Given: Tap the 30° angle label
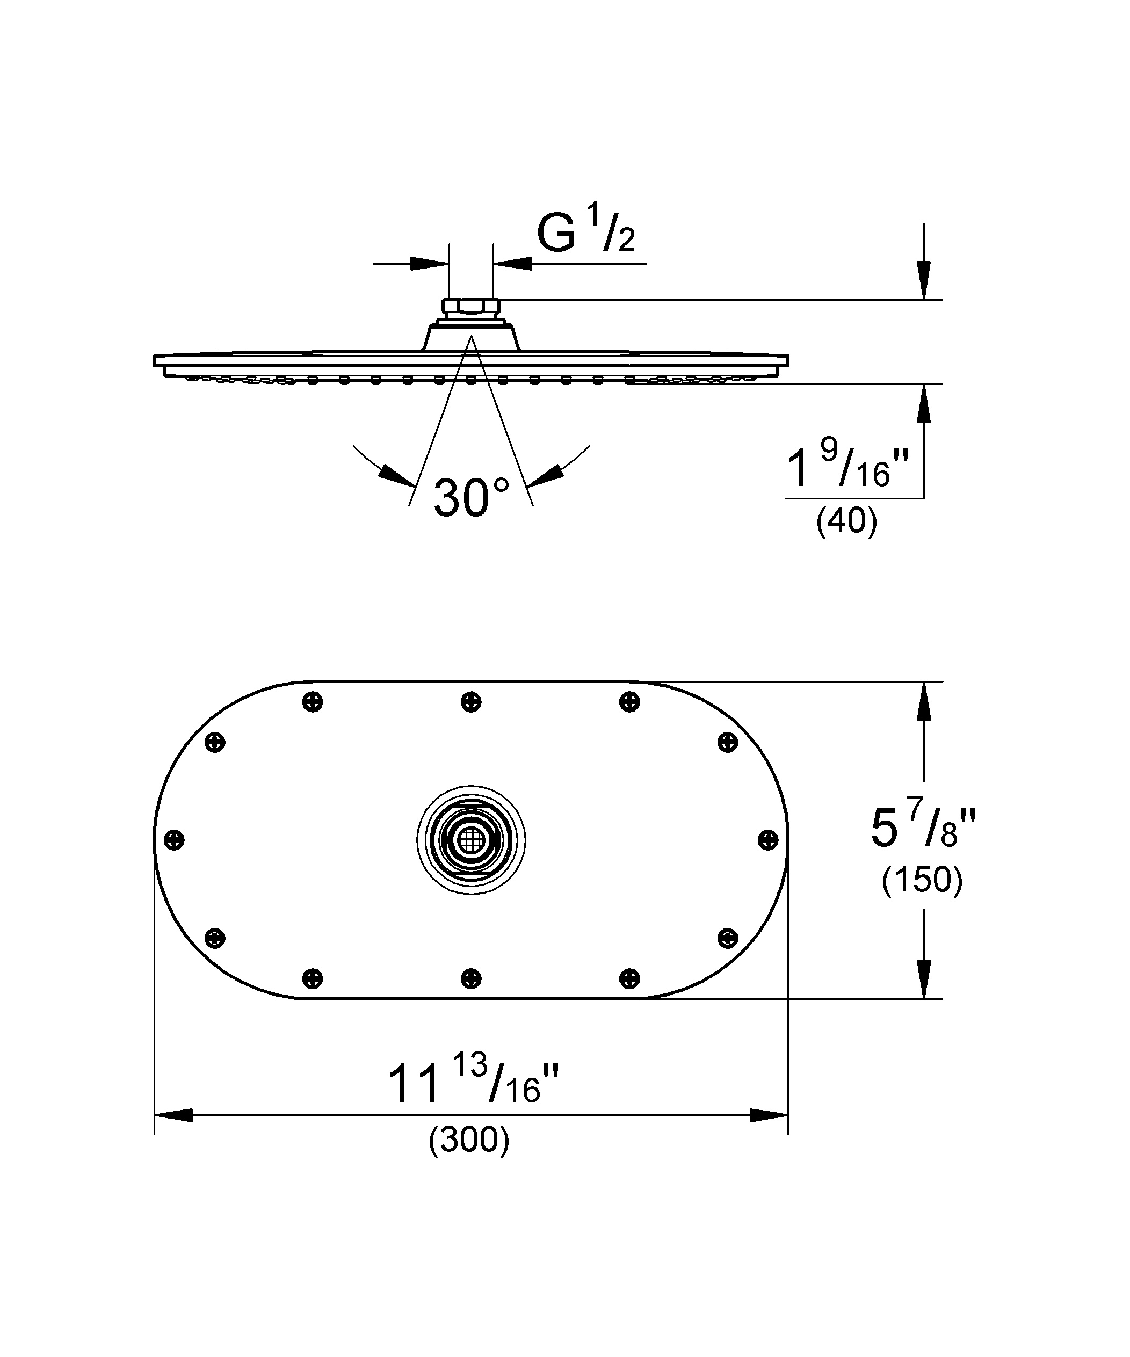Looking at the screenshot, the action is (x=471, y=498).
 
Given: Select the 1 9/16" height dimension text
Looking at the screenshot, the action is (x=847, y=463).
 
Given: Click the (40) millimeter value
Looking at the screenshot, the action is (x=847, y=521).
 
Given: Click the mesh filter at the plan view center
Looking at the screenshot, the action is (x=471, y=840).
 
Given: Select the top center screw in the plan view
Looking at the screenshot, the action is (x=471, y=702).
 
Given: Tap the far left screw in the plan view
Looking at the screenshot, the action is (x=175, y=840).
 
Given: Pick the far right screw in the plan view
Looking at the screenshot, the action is (x=768, y=840).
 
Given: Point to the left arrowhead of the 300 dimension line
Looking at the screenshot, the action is (x=173, y=1115).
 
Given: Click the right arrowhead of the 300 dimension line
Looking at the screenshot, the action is (x=769, y=1115).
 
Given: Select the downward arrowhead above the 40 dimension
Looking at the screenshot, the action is (x=924, y=280).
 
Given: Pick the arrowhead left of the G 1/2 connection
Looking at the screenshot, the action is (x=430, y=264).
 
